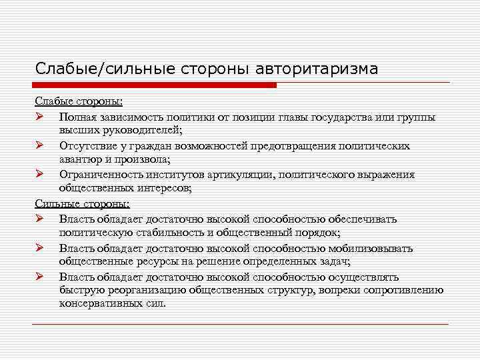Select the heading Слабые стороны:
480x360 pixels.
click(x=79, y=102)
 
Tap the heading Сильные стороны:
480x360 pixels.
click(x=82, y=204)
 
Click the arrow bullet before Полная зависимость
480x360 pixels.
click(x=40, y=117)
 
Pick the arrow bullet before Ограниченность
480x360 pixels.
click(x=40, y=175)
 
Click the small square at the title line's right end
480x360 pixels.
click(x=444, y=84)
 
